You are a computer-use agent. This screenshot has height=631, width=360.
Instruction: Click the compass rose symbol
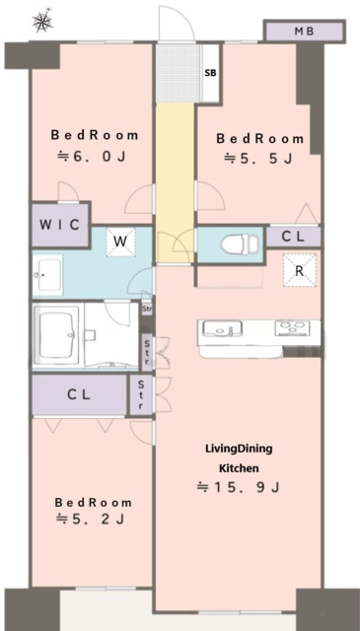(42, 21)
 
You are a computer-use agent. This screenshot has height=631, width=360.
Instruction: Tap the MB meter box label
(304, 31)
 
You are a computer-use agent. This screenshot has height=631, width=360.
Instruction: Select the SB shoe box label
(211, 73)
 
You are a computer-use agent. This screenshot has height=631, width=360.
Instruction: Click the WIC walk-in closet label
(59, 225)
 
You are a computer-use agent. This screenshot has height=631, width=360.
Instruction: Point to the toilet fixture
(240, 244)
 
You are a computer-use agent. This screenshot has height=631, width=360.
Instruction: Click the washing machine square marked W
(120, 243)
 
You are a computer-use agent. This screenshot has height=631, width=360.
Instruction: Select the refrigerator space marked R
(299, 270)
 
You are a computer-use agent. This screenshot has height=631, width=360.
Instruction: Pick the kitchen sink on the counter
(222, 328)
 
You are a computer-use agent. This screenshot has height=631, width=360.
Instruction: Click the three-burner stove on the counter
(293, 328)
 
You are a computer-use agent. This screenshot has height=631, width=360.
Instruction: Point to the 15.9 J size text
(238, 487)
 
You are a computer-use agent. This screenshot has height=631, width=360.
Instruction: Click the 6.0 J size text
(92, 156)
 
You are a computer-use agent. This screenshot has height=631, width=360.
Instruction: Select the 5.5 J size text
(258, 159)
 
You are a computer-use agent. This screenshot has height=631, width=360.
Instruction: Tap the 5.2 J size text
(91, 520)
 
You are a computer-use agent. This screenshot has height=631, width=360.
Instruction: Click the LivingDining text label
(240, 450)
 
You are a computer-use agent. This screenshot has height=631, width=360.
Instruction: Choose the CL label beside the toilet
(293, 237)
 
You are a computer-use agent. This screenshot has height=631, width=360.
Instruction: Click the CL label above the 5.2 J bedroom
(79, 394)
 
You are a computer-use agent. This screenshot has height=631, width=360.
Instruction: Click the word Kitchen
(239, 468)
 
